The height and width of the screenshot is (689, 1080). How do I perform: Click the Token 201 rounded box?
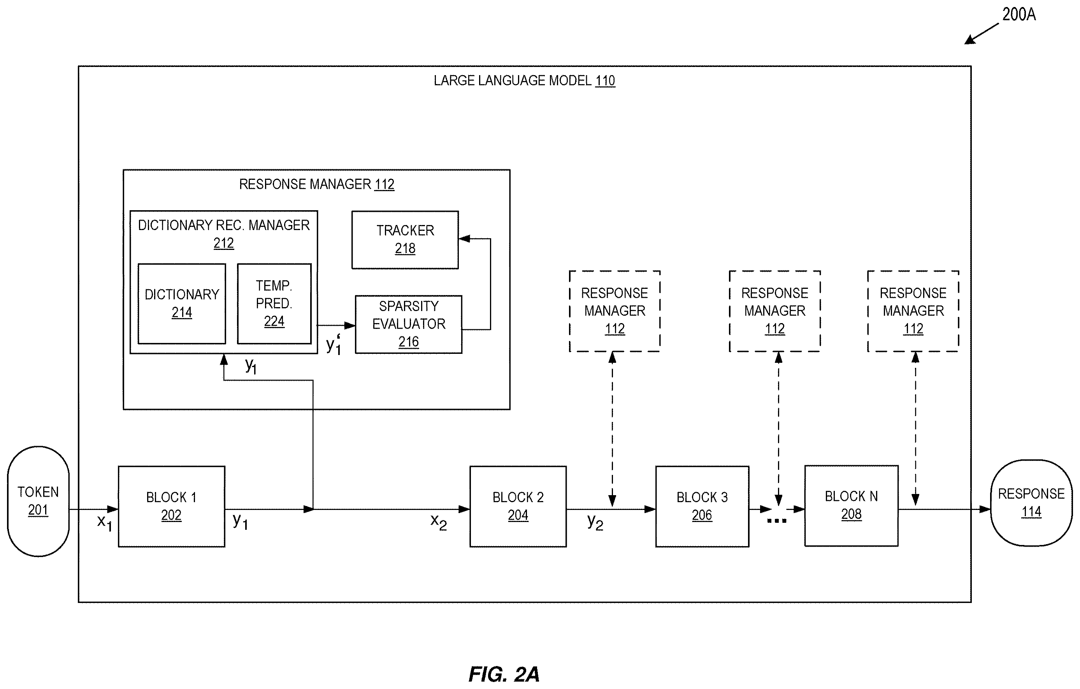38,501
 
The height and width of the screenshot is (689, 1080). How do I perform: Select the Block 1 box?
171,506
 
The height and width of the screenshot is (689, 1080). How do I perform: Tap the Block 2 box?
518,506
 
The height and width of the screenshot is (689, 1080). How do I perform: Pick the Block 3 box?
702,506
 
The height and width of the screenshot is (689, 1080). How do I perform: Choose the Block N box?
851,506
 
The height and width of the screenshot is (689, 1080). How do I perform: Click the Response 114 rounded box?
1031,503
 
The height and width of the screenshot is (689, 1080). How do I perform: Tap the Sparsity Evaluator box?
409,324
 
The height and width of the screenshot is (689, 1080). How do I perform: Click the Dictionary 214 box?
182,304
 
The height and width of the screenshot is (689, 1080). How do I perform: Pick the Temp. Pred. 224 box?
274,304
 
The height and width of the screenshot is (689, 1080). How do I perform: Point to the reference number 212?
223,243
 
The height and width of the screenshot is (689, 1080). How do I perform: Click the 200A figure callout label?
1019,15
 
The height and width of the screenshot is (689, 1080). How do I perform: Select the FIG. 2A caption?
504,674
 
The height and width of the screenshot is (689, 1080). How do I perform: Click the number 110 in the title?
605,81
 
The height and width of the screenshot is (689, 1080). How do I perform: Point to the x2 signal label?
438,522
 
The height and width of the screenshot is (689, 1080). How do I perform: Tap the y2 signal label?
595,522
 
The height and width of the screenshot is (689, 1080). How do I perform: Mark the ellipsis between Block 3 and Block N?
777,521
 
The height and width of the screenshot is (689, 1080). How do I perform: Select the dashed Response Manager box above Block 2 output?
615,311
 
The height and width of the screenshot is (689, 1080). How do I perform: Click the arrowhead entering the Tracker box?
464,239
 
